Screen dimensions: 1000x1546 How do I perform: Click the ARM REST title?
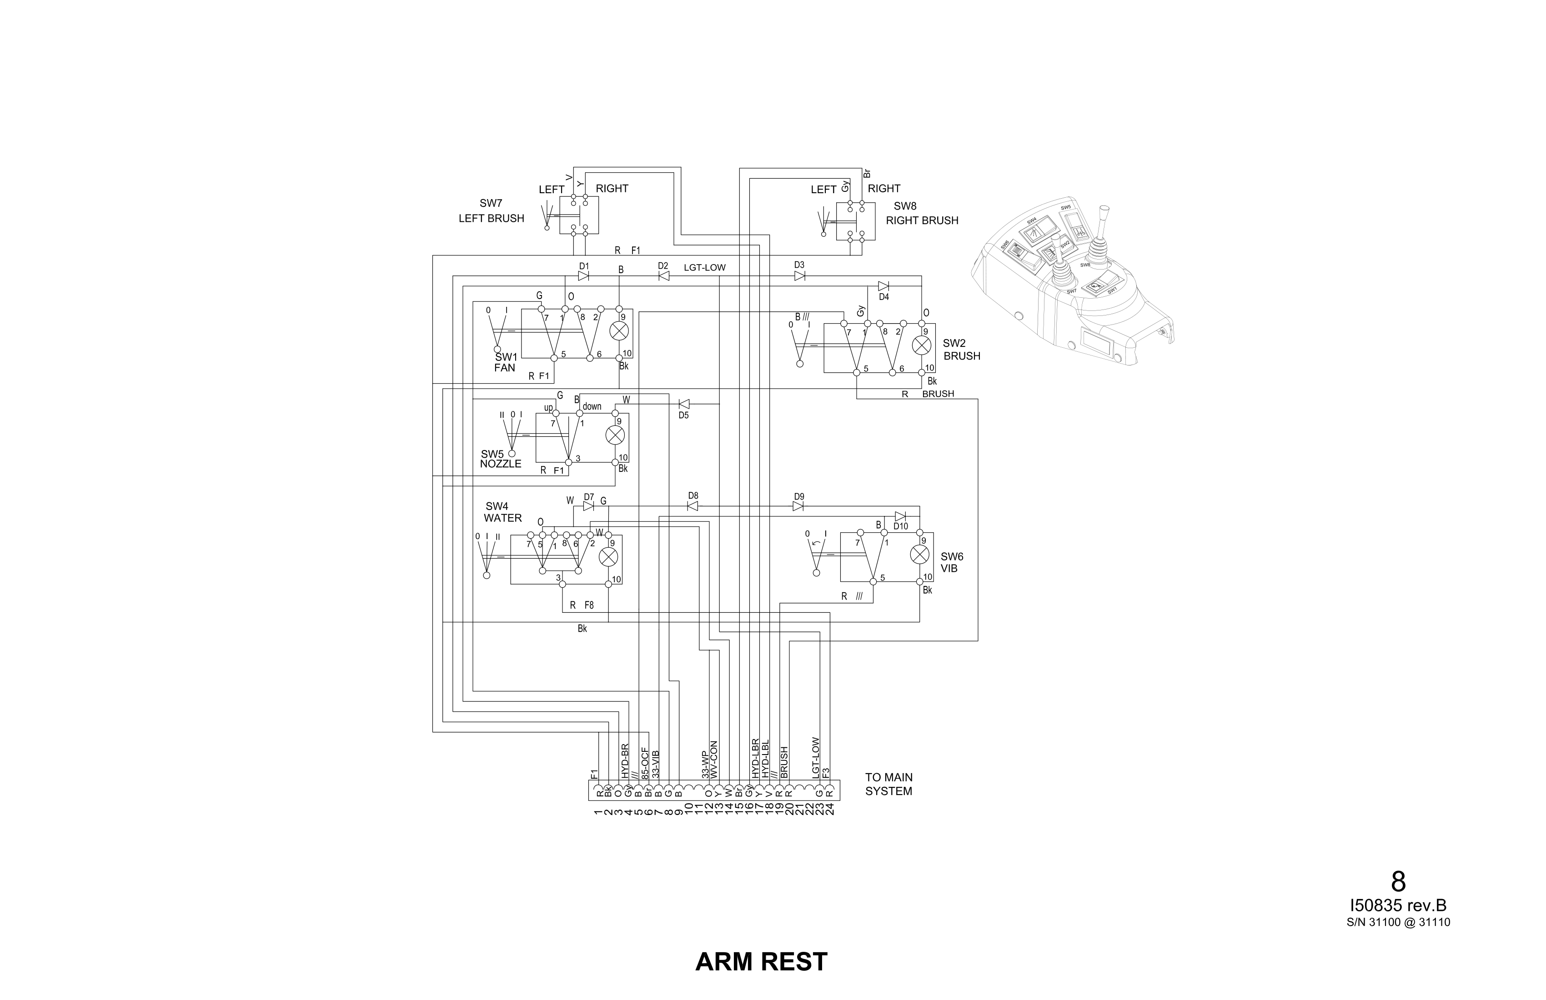click(761, 962)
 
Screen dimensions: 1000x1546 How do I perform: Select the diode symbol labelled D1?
click(583, 276)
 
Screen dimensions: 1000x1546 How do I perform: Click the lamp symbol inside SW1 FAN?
click(619, 331)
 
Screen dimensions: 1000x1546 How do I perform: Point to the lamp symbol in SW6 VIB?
click(919, 554)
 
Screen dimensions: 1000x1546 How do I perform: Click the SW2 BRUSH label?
click(961, 350)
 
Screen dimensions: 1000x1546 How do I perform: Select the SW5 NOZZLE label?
click(500, 459)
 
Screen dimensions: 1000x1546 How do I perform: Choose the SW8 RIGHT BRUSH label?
click(921, 214)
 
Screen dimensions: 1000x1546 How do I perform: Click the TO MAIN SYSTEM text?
click(888, 784)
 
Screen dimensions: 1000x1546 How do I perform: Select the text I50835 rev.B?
click(1398, 906)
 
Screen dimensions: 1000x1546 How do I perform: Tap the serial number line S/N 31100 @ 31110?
click(1398, 922)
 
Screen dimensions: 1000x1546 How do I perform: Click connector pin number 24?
click(829, 809)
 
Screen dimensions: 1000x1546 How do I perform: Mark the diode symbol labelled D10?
click(900, 516)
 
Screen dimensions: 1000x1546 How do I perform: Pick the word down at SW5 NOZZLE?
click(592, 406)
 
